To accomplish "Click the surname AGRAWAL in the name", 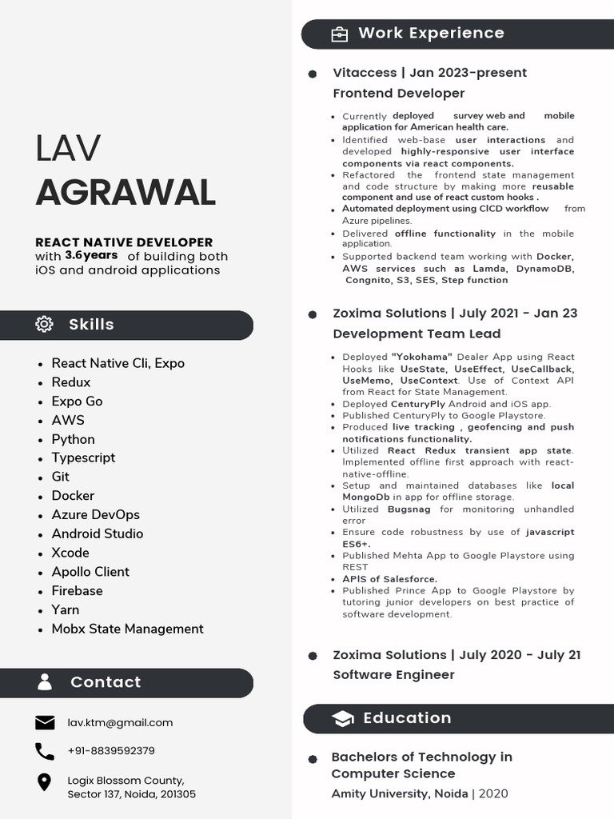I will [126, 193].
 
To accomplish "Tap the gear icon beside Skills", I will [45, 324].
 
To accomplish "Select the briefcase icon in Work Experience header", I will [340, 34].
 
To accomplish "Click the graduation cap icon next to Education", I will [342, 718].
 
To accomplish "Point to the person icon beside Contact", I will [45, 682].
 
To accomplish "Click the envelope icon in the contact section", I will [45, 723].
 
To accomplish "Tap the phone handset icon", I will [45, 751].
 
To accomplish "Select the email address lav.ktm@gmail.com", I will [120, 723].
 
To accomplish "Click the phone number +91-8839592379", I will [111, 751].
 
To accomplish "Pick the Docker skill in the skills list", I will [73, 496].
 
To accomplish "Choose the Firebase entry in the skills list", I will [77, 591].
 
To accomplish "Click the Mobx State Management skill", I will [127, 629].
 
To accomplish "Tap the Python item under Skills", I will [73, 439].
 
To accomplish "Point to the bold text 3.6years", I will [91, 255].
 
